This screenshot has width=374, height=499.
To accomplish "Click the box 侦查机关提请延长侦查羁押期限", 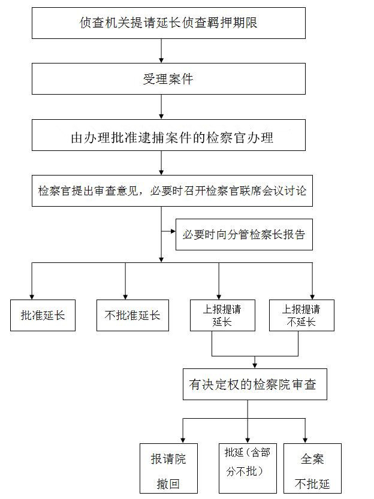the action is (x=168, y=23).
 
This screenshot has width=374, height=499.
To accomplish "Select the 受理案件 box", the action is (x=168, y=78).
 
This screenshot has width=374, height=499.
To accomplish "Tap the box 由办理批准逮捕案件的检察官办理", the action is (x=168, y=135).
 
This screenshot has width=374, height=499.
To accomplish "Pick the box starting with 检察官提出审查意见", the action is (x=172, y=190).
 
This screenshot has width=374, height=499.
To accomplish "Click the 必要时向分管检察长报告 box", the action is (x=244, y=235).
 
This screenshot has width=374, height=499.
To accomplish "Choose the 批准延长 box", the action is (x=43, y=315).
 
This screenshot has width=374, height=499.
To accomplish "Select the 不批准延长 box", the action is (x=132, y=315).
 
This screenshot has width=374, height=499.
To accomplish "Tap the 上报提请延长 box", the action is (x=222, y=315).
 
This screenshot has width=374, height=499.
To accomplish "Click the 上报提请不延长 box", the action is (x=301, y=315).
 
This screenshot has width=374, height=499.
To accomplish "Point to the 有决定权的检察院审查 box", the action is (x=255, y=385).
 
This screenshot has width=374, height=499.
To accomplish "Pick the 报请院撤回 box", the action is (x=168, y=468).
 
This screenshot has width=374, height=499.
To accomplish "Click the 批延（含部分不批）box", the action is (x=248, y=468).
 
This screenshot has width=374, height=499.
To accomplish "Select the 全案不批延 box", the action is (x=313, y=468).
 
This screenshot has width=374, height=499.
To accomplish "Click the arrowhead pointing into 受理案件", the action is (x=161, y=60).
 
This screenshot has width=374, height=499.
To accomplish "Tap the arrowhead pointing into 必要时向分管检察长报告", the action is (x=173, y=231).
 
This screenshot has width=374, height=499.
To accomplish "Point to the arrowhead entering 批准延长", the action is (x=32, y=297).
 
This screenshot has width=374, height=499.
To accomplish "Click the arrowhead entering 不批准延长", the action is (x=125, y=297).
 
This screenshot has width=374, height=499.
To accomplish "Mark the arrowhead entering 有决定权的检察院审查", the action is (x=255, y=366).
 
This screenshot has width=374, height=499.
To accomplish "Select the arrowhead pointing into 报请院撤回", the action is (x=183, y=441).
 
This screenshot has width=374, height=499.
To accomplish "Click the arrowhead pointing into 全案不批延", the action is (x=305, y=441).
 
